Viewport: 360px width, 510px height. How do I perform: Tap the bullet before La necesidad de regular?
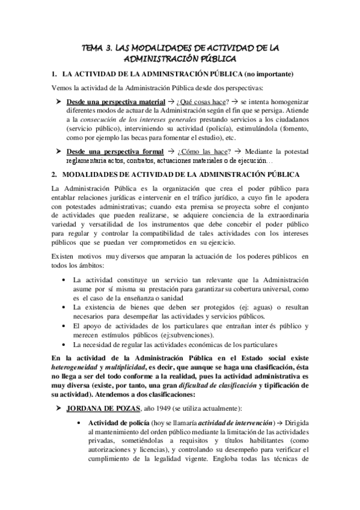pos(64,345)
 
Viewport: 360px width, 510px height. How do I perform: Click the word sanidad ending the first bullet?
pos(161,298)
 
